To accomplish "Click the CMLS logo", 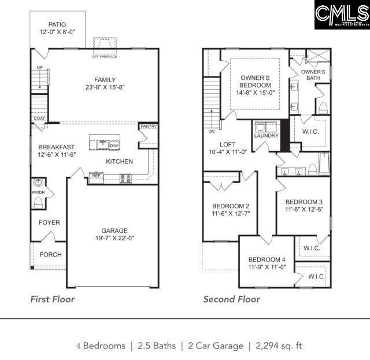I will (342, 15).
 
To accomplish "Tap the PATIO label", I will (57, 24).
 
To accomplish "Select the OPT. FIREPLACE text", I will (105, 56).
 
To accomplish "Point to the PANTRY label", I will (148, 126).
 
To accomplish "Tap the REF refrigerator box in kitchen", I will (97, 175).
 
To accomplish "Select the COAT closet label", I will (39, 119).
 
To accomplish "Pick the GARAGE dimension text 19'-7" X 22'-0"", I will (114, 238).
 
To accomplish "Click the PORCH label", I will (50, 255).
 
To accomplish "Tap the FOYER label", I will (49, 223).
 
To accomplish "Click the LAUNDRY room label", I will (266, 136).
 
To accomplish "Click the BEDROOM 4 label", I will (267, 259).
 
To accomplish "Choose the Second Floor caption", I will (231, 299).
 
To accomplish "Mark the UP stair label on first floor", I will (39, 67).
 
